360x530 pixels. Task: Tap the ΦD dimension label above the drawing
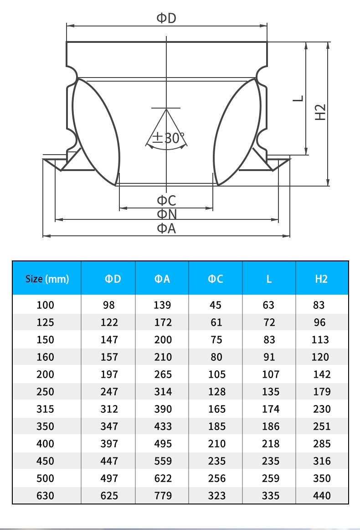[166, 18]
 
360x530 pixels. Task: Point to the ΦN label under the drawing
[167, 214]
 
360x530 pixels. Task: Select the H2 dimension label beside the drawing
[320, 112]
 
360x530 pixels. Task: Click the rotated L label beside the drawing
[298, 99]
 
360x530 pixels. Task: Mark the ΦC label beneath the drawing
[166, 200]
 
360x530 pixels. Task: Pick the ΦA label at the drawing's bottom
[166, 229]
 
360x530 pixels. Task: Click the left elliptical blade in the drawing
[96, 132]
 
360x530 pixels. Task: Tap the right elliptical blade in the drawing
[237, 132]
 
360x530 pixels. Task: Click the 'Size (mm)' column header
[47, 279]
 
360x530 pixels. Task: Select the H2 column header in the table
[321, 279]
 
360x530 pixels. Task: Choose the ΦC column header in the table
[215, 279]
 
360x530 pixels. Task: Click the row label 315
[45, 409]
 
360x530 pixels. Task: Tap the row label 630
[45, 495]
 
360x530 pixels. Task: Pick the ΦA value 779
[163, 495]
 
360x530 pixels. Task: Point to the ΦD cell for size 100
[109, 305]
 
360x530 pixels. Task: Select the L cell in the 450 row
[271, 461]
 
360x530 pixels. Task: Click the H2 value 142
[322, 374]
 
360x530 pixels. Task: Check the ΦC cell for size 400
[216, 443]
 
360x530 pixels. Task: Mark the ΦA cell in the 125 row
[163, 322]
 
